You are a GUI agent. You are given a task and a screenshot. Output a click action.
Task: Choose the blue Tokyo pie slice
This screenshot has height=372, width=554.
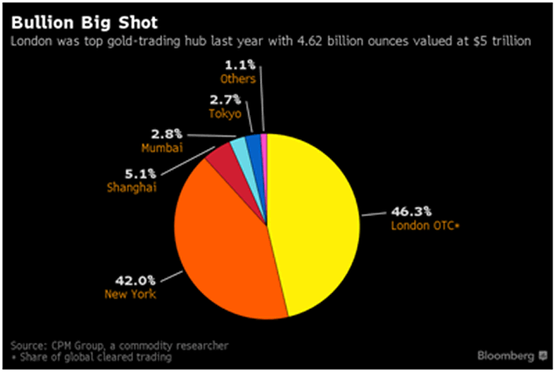(x=252, y=141)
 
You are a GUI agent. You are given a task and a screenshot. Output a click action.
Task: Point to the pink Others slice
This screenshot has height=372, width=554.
(x=263, y=138)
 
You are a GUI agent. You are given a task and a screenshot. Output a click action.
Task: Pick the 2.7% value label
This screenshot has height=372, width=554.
(x=225, y=99)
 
